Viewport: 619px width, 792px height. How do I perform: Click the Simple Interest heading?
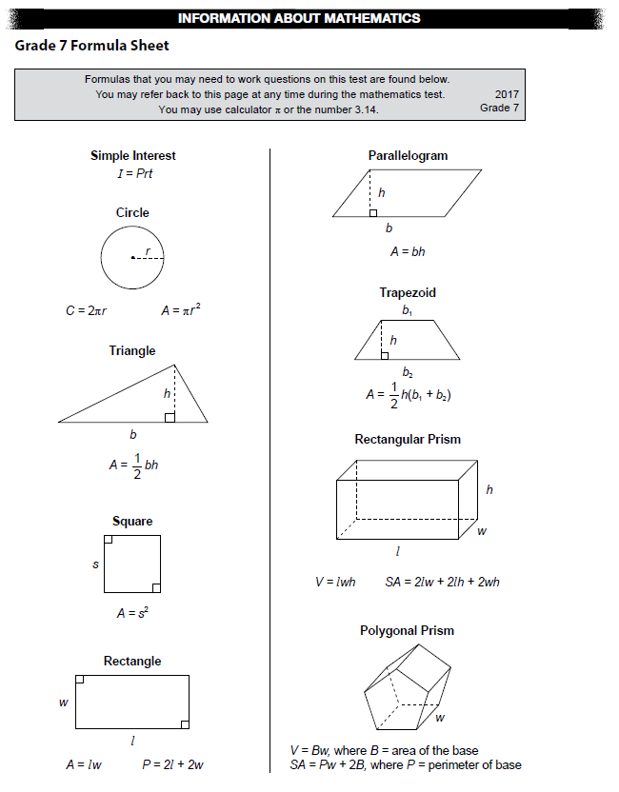132,155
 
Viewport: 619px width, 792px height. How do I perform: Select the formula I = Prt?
134,173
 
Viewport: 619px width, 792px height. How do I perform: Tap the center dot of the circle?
132,257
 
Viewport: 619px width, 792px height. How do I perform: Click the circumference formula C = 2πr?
85,310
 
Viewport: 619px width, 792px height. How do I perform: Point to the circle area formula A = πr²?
181,309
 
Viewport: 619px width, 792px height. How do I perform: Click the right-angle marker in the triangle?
170,416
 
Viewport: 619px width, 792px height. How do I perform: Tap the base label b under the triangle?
132,435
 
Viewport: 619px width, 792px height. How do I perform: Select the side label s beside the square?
95,564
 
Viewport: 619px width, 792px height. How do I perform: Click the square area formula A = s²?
133,614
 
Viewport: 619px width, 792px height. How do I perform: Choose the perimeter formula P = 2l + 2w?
172,764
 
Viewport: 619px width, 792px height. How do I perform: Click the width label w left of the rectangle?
64,703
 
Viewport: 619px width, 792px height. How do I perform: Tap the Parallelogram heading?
408,155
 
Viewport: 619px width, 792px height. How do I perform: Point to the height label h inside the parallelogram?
382,192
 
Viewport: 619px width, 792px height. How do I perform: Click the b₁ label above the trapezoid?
408,310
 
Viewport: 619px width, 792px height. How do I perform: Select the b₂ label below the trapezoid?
408,372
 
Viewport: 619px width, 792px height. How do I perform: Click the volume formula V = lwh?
335,582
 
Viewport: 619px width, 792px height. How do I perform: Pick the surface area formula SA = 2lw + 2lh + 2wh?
443,582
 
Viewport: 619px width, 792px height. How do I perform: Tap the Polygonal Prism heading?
407,630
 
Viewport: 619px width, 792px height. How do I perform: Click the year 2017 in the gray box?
507,94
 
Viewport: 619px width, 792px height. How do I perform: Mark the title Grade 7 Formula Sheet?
91,46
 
